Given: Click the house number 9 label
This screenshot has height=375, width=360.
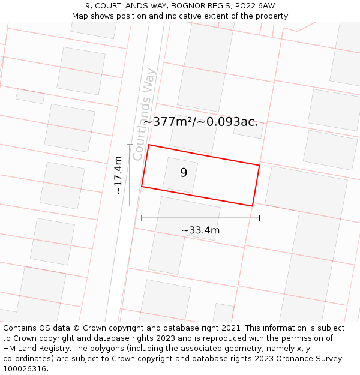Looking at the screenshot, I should click(x=184, y=173).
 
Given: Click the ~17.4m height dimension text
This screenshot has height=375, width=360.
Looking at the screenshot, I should click(x=118, y=175).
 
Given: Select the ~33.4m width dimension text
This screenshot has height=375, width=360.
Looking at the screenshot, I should click(x=200, y=230).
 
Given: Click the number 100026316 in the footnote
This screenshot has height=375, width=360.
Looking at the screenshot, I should click(x=25, y=368).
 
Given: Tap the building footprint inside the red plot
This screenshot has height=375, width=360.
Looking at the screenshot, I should click(x=180, y=175).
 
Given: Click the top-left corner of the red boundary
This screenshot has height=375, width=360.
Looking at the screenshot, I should click(x=149, y=145).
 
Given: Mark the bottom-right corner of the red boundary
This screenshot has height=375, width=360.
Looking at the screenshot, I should click(x=253, y=206).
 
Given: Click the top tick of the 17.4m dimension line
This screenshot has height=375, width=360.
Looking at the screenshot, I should click(x=130, y=145).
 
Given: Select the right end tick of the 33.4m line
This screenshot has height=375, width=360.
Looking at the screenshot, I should click(x=259, y=218).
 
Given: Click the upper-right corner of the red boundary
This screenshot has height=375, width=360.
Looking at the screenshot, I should click(x=259, y=165).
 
